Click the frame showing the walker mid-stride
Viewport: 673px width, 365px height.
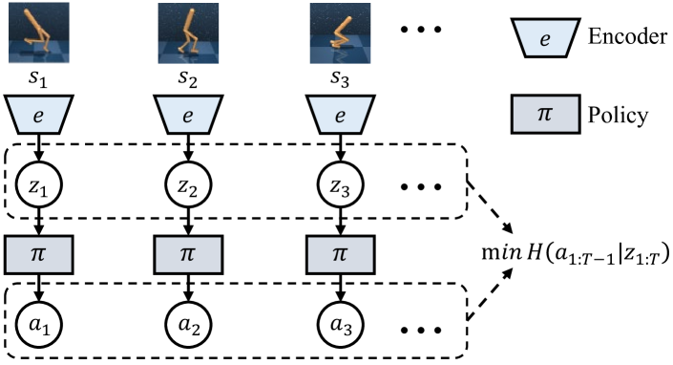click(39, 33)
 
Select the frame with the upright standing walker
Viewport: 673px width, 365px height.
click(188, 33)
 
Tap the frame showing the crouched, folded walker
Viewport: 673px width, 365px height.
click(340, 33)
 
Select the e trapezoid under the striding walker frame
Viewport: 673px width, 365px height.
click(39, 116)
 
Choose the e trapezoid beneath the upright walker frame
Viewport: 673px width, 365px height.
click(188, 116)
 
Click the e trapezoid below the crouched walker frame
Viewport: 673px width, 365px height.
click(341, 116)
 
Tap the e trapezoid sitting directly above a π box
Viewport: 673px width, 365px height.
click(545, 38)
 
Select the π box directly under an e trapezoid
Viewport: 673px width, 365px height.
click(545, 114)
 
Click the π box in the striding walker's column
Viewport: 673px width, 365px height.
click(39, 255)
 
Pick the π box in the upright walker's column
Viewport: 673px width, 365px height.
click(188, 255)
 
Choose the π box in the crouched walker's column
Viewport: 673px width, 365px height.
click(341, 255)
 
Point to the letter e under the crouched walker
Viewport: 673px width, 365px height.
click(340, 117)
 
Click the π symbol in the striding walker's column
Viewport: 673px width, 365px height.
click(39, 255)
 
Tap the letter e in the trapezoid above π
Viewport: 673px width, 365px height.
click(545, 39)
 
